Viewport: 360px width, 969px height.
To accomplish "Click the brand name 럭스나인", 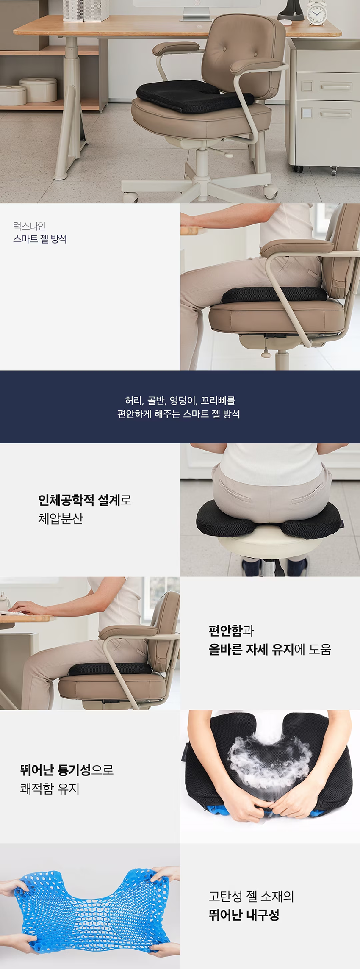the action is [30, 226].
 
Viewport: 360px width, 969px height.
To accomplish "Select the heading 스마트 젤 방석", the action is [40, 239].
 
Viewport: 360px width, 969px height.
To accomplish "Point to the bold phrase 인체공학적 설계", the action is [79, 500].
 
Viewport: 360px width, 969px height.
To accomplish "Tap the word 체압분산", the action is [61, 519].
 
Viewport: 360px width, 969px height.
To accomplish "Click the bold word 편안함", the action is [226, 631].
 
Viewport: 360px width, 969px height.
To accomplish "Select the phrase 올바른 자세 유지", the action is [251, 649].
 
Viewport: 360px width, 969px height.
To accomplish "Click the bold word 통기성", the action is [74, 770].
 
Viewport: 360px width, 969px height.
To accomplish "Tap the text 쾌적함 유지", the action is [50, 788].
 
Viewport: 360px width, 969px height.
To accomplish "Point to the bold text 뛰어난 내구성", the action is [244, 915].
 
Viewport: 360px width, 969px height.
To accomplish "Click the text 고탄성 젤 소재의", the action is [251, 896].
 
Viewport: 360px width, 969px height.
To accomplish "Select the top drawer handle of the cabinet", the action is [335, 87].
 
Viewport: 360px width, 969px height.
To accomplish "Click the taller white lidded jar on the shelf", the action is [39, 89].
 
